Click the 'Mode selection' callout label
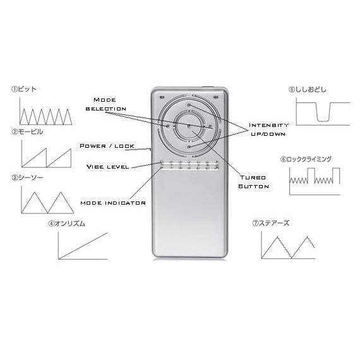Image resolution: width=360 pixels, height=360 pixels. pyautogui.click(x=106, y=104)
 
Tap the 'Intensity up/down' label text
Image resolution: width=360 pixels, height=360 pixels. pyautogui.click(x=268, y=129)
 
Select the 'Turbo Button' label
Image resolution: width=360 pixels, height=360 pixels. pyautogui.click(x=253, y=182)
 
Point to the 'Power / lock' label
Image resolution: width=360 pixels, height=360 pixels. pyautogui.click(x=107, y=146)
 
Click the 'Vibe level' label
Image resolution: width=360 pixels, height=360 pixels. pyautogui.click(x=107, y=167)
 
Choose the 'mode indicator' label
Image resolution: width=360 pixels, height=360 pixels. pyautogui.click(x=113, y=203)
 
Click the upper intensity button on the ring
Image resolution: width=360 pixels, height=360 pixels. pyautogui.click(x=189, y=105)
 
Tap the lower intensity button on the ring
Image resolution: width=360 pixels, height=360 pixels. pyautogui.click(x=189, y=147)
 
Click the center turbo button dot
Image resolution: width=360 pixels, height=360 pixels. pyautogui.click(x=189, y=126)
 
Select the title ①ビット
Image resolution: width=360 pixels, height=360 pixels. pyautogui.click(x=24, y=89)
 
